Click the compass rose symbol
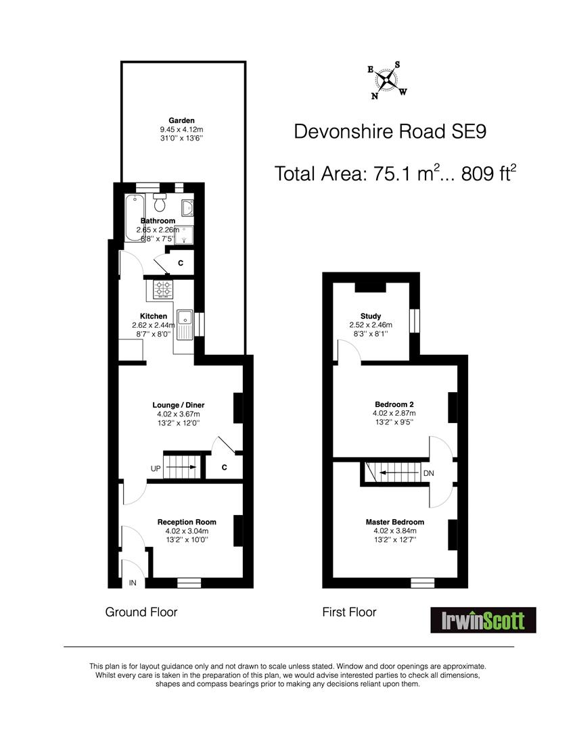click(387, 80)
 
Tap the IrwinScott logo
click(483, 620)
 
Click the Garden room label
click(181, 120)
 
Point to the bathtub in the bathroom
click(135, 218)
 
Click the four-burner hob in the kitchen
click(162, 289)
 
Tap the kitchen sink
click(185, 324)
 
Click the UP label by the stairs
click(156, 468)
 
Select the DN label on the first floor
click(429, 473)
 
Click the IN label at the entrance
click(133, 583)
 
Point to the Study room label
click(371, 316)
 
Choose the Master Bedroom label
click(394, 522)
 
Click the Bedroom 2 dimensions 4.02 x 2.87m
click(394, 413)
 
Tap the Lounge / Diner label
click(179, 405)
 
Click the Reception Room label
click(187, 522)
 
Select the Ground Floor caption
click(141, 612)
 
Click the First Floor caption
click(349, 612)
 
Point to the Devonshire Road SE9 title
click(390, 131)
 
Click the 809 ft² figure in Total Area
click(488, 173)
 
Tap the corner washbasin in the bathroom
click(187, 208)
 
